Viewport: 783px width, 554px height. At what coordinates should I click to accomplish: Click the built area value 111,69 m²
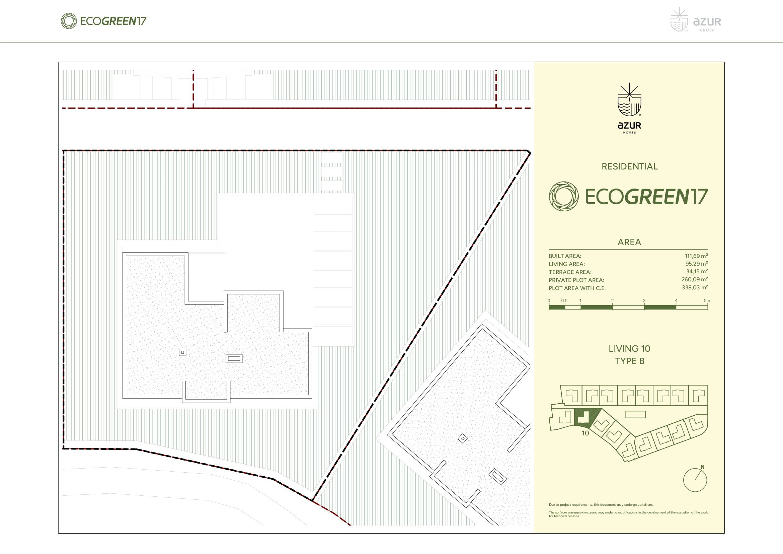point(696,256)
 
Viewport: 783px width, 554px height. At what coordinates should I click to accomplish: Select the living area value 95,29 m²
point(696,264)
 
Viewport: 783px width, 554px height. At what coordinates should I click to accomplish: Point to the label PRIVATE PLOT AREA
point(576,280)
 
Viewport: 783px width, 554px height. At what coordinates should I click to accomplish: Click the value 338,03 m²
point(695,288)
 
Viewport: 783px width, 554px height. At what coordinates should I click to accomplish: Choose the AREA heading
point(629,242)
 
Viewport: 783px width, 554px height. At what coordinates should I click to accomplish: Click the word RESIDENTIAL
point(630,166)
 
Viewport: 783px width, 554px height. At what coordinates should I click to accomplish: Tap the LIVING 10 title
point(630,349)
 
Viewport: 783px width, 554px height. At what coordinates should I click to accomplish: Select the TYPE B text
point(630,361)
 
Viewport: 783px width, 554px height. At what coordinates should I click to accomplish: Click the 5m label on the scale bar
point(707,300)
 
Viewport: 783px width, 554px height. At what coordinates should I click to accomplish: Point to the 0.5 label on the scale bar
point(564,300)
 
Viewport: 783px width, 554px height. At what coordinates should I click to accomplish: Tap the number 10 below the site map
point(585,433)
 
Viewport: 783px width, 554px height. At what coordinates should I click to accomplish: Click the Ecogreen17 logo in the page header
point(103,21)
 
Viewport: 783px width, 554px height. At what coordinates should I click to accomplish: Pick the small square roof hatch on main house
point(182,352)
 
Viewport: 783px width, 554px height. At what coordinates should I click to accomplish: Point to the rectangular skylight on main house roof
point(234,358)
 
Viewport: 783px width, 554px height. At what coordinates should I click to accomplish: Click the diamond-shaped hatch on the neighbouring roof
point(462,438)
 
